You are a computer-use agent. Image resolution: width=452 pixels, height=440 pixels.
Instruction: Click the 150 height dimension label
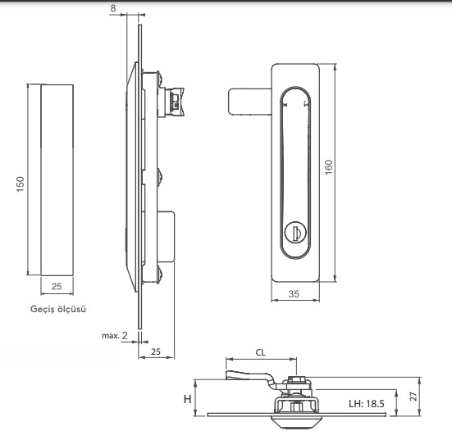click(21, 184)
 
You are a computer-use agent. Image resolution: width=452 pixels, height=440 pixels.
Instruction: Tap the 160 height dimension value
click(329, 166)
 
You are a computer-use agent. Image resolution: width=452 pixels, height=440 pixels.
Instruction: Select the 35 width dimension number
click(294, 294)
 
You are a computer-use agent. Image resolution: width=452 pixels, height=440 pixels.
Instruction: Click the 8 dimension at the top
click(113, 8)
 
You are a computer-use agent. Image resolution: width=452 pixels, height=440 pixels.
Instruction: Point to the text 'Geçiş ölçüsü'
click(58, 309)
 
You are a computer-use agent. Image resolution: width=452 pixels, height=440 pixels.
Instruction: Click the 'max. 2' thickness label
click(115, 335)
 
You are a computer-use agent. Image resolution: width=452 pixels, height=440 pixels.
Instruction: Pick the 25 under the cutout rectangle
click(57, 286)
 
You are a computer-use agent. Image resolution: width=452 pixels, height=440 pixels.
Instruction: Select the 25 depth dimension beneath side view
click(156, 352)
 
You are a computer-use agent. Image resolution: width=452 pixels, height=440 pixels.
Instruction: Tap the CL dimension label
click(261, 352)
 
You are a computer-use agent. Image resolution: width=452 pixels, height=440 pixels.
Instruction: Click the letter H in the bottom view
click(187, 399)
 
